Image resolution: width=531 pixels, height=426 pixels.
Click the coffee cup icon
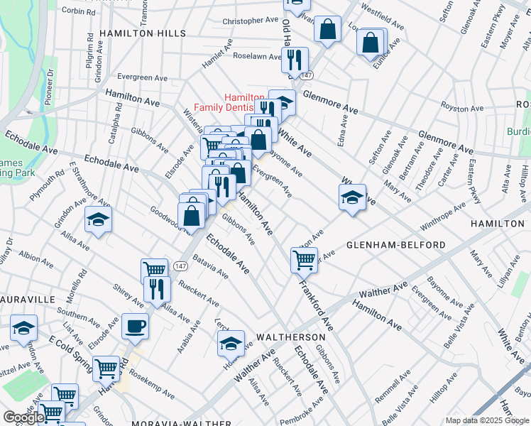[x=135, y=327]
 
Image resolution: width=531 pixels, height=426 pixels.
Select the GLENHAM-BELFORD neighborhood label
[x=396, y=245]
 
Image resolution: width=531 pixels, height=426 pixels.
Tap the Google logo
[x=24, y=417]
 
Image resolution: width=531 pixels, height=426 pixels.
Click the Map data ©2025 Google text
[x=487, y=420]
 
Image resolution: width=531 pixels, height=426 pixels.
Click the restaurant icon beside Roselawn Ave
[x=294, y=60]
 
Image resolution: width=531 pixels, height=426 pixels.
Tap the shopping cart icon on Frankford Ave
[x=304, y=260]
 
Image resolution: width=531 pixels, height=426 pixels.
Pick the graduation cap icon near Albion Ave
[x=98, y=219]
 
